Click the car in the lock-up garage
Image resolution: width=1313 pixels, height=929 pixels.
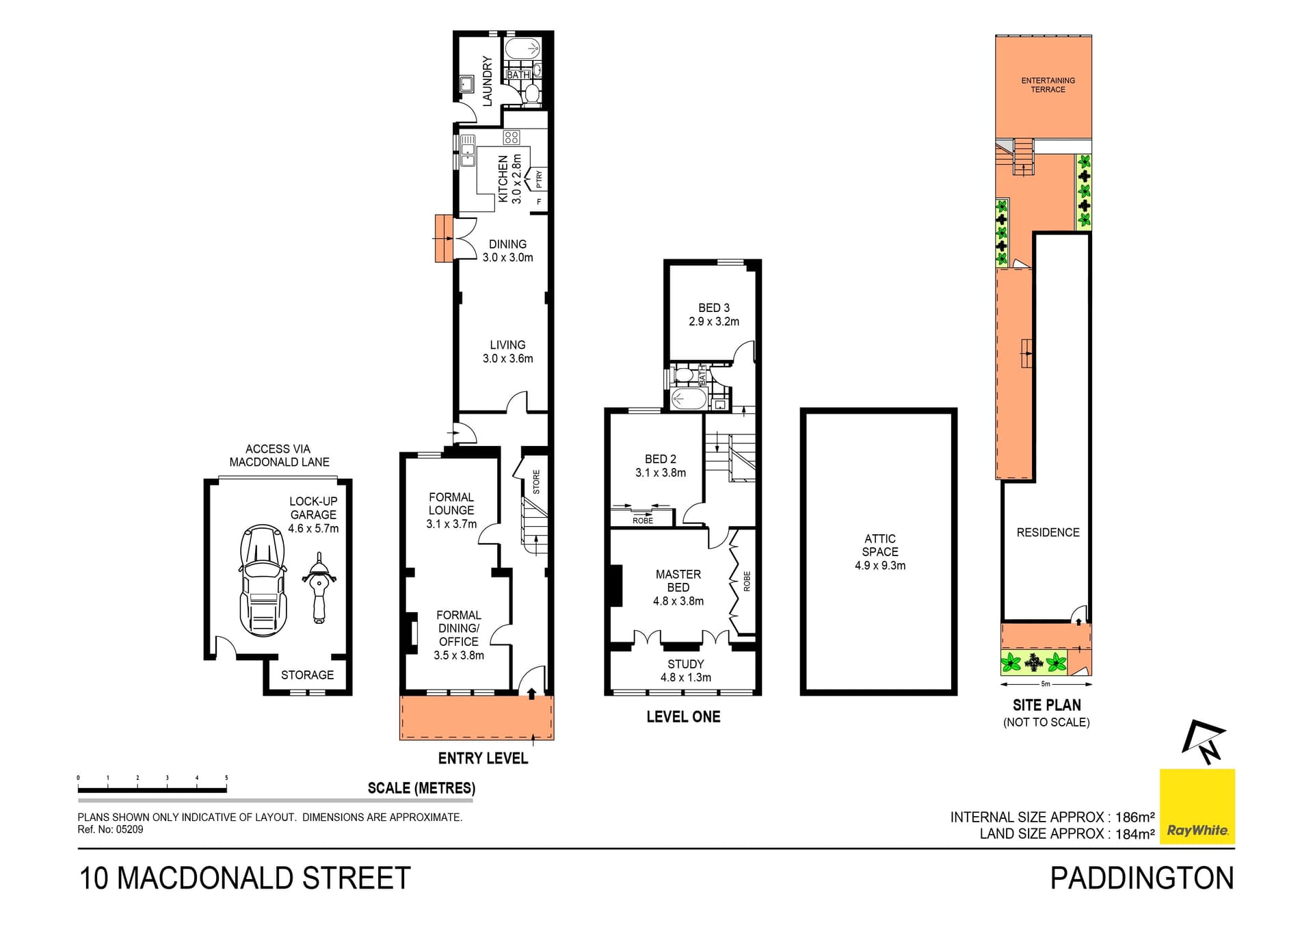263,580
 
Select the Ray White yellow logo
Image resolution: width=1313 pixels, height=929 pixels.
1197,807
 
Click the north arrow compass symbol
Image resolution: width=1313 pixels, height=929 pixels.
1205,742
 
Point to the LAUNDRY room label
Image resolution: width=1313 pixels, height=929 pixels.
488,81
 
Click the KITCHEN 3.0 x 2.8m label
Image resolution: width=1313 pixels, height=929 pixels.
510,179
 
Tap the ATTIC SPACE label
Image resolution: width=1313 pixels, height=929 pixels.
880,552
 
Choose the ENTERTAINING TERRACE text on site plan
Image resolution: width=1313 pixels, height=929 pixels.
1048,85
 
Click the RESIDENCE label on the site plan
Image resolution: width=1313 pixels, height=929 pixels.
1048,532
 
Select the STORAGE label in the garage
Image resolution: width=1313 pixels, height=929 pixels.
308,675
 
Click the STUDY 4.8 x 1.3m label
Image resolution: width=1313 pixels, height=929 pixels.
686,670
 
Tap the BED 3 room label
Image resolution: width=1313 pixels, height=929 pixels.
714,308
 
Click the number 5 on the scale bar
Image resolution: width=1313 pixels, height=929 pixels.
226,778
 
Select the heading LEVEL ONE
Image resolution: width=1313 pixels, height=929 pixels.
683,717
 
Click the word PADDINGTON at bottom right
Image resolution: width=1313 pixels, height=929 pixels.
1142,878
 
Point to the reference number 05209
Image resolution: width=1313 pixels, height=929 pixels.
129,830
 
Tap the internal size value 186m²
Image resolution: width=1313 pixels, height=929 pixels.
1135,817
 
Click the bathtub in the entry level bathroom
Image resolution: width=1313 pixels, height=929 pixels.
523,49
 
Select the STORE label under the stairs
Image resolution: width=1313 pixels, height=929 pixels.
536,482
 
